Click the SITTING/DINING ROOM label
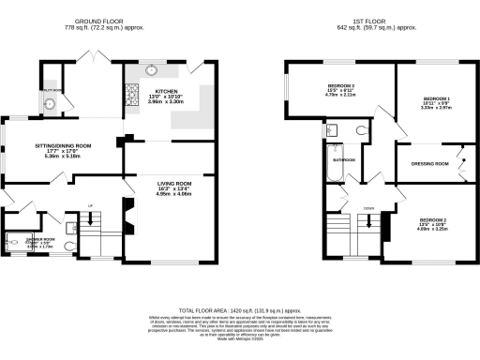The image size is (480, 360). pyautogui.click(x=63, y=146)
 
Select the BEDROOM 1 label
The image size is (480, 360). pyautogui.click(x=437, y=98)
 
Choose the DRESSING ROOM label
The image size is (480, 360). pyautogui.click(x=430, y=163)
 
